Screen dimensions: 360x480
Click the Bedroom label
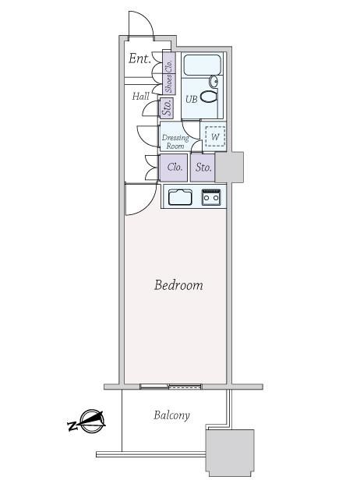point(178,285)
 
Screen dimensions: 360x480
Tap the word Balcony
point(171,415)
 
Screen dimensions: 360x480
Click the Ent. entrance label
point(139,58)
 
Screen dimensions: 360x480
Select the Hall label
point(141,96)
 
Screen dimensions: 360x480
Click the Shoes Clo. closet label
point(168,73)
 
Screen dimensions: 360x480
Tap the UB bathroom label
point(192,99)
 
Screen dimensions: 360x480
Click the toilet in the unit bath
point(209,97)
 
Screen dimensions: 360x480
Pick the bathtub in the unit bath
point(202,65)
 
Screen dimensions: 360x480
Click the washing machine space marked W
point(215,136)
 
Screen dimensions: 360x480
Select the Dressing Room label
point(175,142)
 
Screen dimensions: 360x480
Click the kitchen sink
point(180,197)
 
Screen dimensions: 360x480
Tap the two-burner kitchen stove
point(211,197)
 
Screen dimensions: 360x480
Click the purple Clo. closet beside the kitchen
point(173,168)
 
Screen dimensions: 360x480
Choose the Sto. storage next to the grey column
point(203,168)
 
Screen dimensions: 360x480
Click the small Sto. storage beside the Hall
point(167,108)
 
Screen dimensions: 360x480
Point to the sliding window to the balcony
point(171,386)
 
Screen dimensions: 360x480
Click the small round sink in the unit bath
point(214,81)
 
